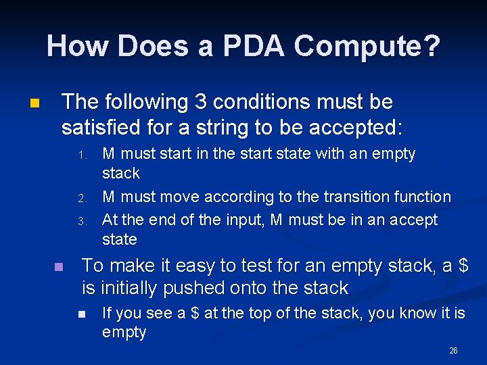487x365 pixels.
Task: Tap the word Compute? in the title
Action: tap(368, 47)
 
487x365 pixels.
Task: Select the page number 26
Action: tap(453, 351)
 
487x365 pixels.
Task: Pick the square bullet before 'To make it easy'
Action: tap(59, 267)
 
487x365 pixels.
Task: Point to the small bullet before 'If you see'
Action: tap(81, 314)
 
